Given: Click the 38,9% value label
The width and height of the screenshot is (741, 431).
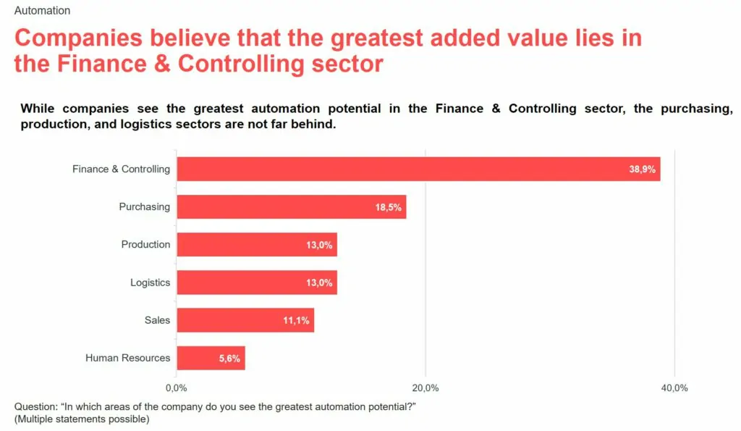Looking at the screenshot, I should pos(642,170).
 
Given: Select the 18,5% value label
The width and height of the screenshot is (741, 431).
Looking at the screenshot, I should pos(388,207).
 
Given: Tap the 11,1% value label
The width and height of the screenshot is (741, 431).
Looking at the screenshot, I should pos(296,320).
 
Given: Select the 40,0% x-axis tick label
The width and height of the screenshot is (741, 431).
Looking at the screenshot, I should pos(674,388).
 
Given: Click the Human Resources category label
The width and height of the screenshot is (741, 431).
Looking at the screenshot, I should pos(127,358).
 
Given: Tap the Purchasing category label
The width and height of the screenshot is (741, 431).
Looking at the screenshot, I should pos(144,206).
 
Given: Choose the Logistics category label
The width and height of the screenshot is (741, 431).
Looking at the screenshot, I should pos(150,283).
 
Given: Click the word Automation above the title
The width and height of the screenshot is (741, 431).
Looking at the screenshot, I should pos(42,11).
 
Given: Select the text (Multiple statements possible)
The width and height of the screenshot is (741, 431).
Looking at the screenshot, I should pos(82,419).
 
